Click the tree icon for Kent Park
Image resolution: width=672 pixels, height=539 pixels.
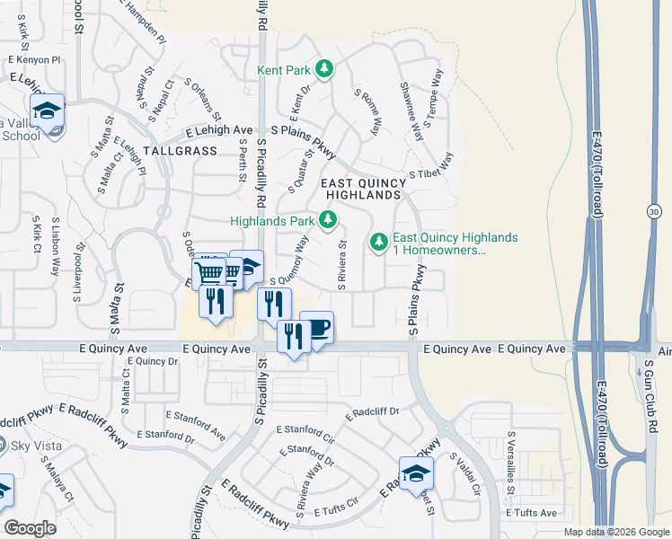click(x=326, y=68)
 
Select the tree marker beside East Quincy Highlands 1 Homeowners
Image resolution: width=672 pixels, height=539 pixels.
click(x=379, y=242)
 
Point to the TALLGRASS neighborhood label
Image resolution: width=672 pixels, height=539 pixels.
click(x=180, y=151)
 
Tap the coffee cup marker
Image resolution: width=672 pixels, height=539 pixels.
click(x=316, y=327)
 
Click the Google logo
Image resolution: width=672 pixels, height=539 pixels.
click(x=30, y=528)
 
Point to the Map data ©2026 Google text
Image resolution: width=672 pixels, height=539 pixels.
click(x=615, y=532)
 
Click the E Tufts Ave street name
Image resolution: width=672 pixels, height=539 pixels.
click(x=531, y=513)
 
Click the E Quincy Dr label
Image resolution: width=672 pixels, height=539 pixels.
click(x=154, y=361)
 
